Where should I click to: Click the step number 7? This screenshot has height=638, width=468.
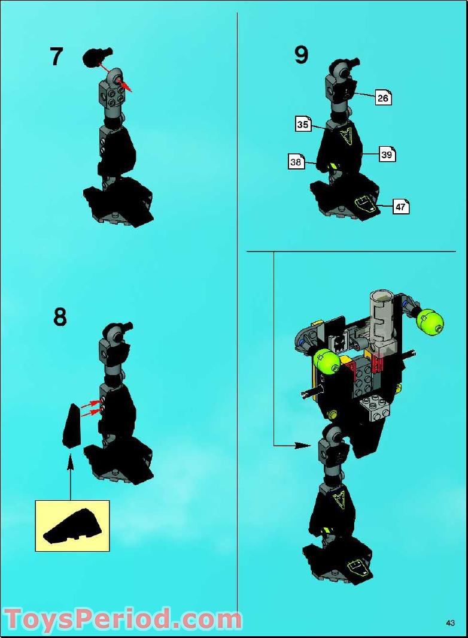tap(56, 56)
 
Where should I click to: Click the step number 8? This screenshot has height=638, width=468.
tap(60, 317)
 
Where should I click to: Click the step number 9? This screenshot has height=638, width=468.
tap(301, 55)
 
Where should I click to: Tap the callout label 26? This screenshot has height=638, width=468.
tap(383, 98)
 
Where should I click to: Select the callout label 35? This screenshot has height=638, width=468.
tap(303, 125)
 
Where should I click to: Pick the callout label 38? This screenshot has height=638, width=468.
tap(296, 161)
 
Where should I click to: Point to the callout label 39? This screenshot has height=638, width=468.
tap(387, 155)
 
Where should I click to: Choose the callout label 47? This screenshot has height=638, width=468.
tap(401, 207)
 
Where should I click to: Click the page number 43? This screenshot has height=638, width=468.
tap(450, 623)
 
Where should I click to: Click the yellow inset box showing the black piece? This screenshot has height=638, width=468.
tap(72, 525)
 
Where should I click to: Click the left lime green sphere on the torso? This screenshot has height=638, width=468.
tap(327, 361)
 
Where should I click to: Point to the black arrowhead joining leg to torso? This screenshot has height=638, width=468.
tap(305, 445)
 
